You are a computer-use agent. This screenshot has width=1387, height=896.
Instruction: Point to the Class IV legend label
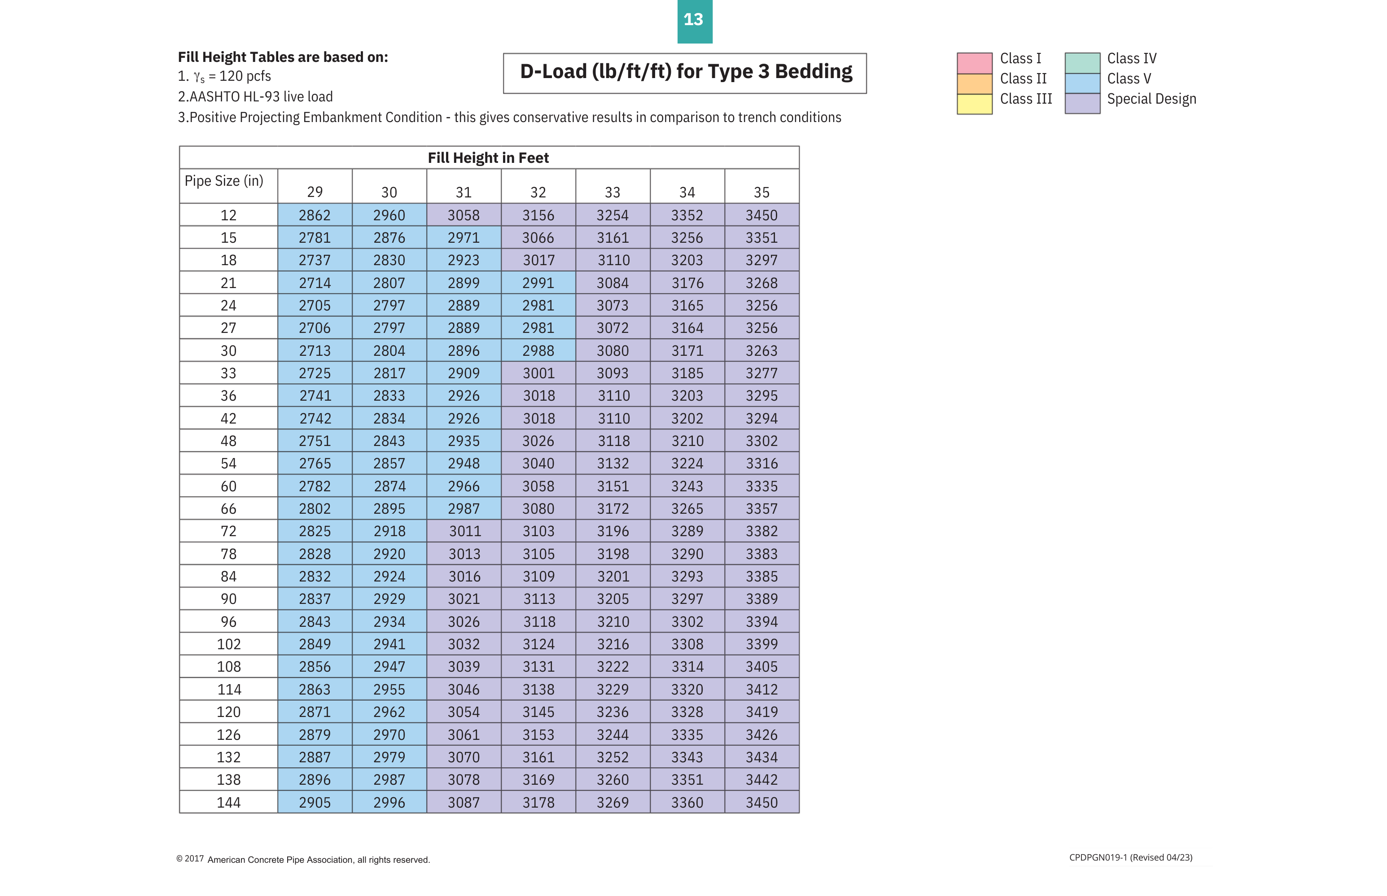click(x=1131, y=59)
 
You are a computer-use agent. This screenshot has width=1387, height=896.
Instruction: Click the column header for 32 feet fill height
click(x=538, y=192)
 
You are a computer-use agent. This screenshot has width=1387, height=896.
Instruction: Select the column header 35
click(x=761, y=192)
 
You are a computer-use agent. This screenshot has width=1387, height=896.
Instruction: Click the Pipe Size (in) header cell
click(x=224, y=181)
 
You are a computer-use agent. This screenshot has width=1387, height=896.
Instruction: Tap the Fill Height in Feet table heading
click(x=488, y=157)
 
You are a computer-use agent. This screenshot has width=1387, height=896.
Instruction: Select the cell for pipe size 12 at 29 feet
click(x=314, y=215)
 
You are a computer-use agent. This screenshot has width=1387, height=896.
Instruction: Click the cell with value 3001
click(x=538, y=373)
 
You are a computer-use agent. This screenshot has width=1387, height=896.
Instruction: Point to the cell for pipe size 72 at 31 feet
click(x=464, y=531)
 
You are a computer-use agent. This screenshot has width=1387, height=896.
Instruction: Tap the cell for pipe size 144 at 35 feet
click(x=761, y=802)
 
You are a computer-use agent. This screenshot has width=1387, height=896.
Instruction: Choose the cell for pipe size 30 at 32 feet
click(x=538, y=351)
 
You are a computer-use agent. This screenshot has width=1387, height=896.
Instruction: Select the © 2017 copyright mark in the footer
click(x=190, y=859)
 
